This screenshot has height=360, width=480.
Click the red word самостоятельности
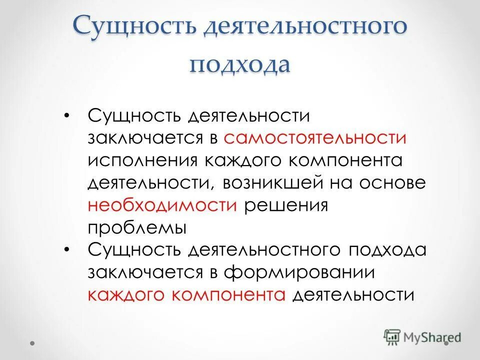(315, 139)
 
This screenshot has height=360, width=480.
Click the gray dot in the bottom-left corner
(32, 343)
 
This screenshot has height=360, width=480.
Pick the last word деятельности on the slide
(353, 295)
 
